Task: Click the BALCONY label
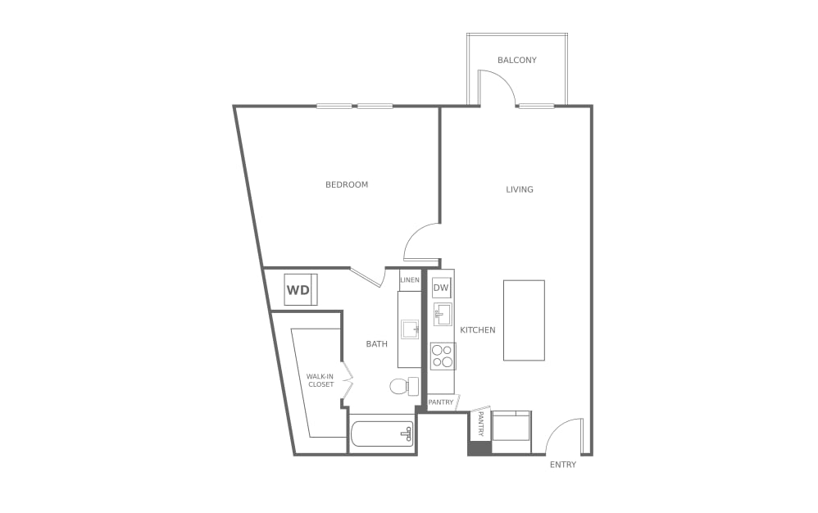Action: click(x=517, y=60)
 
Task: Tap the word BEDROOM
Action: click(x=347, y=184)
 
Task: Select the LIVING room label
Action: click(x=520, y=189)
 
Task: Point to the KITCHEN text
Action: click(x=477, y=330)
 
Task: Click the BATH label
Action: click(x=376, y=344)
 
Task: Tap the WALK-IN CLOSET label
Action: click(x=320, y=380)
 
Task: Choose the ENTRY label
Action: click(x=563, y=465)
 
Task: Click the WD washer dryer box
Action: click(x=300, y=290)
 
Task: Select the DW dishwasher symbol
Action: click(x=441, y=288)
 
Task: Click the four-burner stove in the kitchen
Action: click(x=443, y=356)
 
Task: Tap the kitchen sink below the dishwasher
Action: click(x=443, y=314)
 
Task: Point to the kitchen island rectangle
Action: click(x=524, y=320)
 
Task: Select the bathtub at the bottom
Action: click(x=382, y=433)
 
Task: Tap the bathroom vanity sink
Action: click(x=410, y=329)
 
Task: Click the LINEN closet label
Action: click(x=409, y=280)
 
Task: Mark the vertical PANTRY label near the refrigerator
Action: click(x=480, y=424)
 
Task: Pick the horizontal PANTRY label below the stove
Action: click(x=441, y=402)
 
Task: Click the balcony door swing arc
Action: click(x=498, y=88)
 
